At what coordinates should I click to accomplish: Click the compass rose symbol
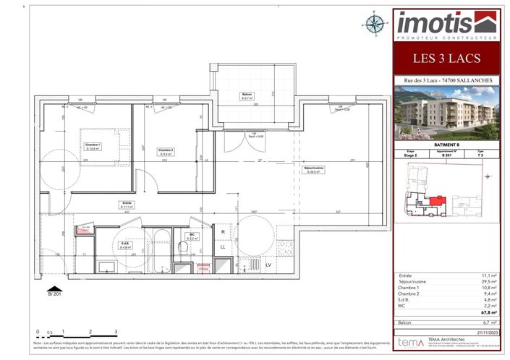pos(375,24)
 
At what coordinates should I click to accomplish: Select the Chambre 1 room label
pos(93,146)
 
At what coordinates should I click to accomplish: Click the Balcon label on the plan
pos(247,97)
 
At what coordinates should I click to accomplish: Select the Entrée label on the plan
pos(128,205)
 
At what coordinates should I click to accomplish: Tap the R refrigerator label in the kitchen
pos(224,233)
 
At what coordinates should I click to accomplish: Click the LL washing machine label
pos(224,247)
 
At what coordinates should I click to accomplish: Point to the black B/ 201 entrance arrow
pos(51,288)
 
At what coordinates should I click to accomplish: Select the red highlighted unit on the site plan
pos(436,200)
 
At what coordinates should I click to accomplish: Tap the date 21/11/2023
pos(484,331)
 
